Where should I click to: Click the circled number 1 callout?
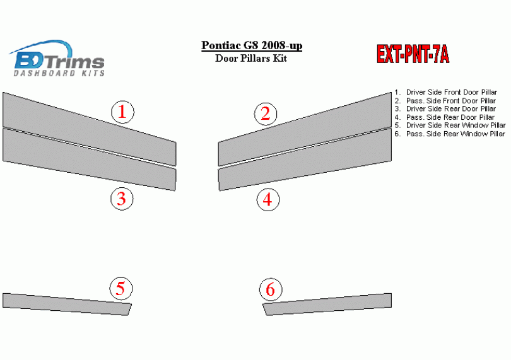point(122,112)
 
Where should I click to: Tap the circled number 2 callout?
point(266,113)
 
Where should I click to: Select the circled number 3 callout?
point(122,199)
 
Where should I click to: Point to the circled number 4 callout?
point(268,199)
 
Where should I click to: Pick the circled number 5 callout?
point(121,288)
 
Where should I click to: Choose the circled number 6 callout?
point(271,289)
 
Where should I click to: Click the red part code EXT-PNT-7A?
point(413,54)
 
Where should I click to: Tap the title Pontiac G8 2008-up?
point(252,45)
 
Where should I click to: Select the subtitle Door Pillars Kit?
point(251,58)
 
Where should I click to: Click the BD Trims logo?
point(57,59)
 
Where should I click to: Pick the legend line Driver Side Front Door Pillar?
point(446,92)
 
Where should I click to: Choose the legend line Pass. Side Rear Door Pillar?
point(445,117)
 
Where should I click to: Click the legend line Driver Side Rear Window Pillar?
point(450,125)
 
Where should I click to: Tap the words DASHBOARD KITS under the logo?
point(59,73)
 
